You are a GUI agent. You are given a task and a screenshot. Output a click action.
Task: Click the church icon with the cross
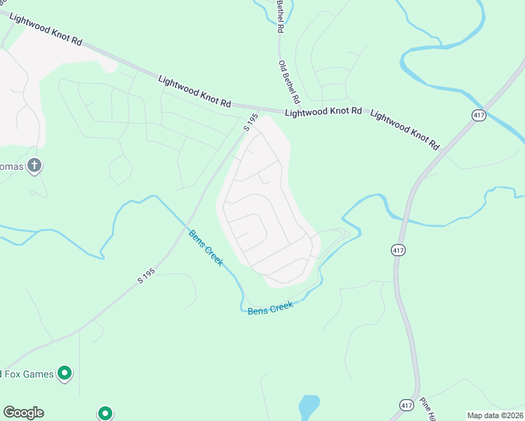coord(34,166)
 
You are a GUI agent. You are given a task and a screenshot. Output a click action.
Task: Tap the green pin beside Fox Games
coord(65,373)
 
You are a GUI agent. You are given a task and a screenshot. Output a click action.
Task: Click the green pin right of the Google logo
coord(105,413)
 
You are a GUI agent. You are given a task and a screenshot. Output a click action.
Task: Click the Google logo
coord(23,413)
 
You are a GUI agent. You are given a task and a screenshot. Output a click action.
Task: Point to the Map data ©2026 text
coord(495,415)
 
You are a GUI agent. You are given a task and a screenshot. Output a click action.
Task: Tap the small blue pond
coord(309,406)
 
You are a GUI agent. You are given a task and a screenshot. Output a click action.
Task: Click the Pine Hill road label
coord(427,409)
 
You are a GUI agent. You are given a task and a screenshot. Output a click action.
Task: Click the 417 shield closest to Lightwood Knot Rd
coord(479,115)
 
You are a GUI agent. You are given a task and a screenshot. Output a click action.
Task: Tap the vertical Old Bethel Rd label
coord(289,80)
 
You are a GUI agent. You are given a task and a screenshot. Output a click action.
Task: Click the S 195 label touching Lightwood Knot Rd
coord(251,122)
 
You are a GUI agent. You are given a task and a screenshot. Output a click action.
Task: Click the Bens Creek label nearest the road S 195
coord(206,248)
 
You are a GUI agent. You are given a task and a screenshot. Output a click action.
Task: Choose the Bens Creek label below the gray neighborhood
coord(270,307)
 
